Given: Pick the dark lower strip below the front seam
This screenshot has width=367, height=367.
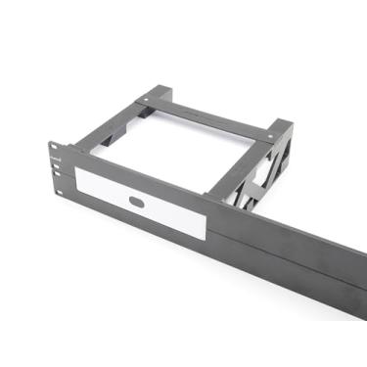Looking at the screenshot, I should point(294,274).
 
